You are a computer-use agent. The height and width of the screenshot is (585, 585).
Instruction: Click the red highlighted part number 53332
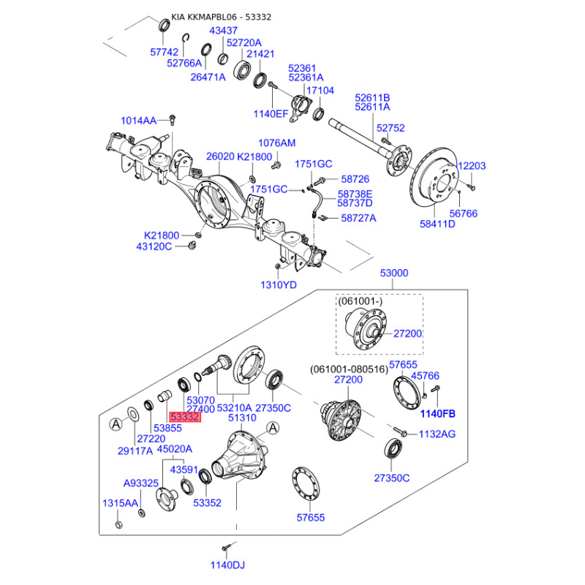pyautogui.click(x=185, y=416)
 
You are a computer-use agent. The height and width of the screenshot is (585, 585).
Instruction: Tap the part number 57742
pyautogui.click(x=164, y=53)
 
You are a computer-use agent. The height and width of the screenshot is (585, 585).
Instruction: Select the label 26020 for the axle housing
pyautogui.click(x=220, y=156)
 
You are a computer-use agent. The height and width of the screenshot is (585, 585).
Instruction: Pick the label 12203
pyautogui.click(x=471, y=166)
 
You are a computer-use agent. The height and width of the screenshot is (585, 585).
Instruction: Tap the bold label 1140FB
pyautogui.click(x=437, y=413)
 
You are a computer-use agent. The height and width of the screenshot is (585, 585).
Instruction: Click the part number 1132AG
pyautogui.click(x=437, y=434)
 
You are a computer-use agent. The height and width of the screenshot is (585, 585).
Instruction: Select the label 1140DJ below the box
pyautogui.click(x=227, y=565)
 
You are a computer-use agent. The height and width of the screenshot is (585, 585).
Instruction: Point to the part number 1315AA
pyautogui.click(x=119, y=503)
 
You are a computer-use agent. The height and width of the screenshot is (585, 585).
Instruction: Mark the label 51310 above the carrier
pyautogui.click(x=242, y=418)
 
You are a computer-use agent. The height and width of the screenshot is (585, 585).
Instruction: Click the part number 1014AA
pyautogui.click(x=139, y=120)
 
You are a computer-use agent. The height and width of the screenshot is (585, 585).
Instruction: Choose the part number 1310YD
pyautogui.click(x=279, y=284)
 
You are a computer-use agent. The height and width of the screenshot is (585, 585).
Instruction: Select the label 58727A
pyautogui.click(x=357, y=218)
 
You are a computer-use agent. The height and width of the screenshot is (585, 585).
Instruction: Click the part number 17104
pyautogui.click(x=320, y=91)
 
